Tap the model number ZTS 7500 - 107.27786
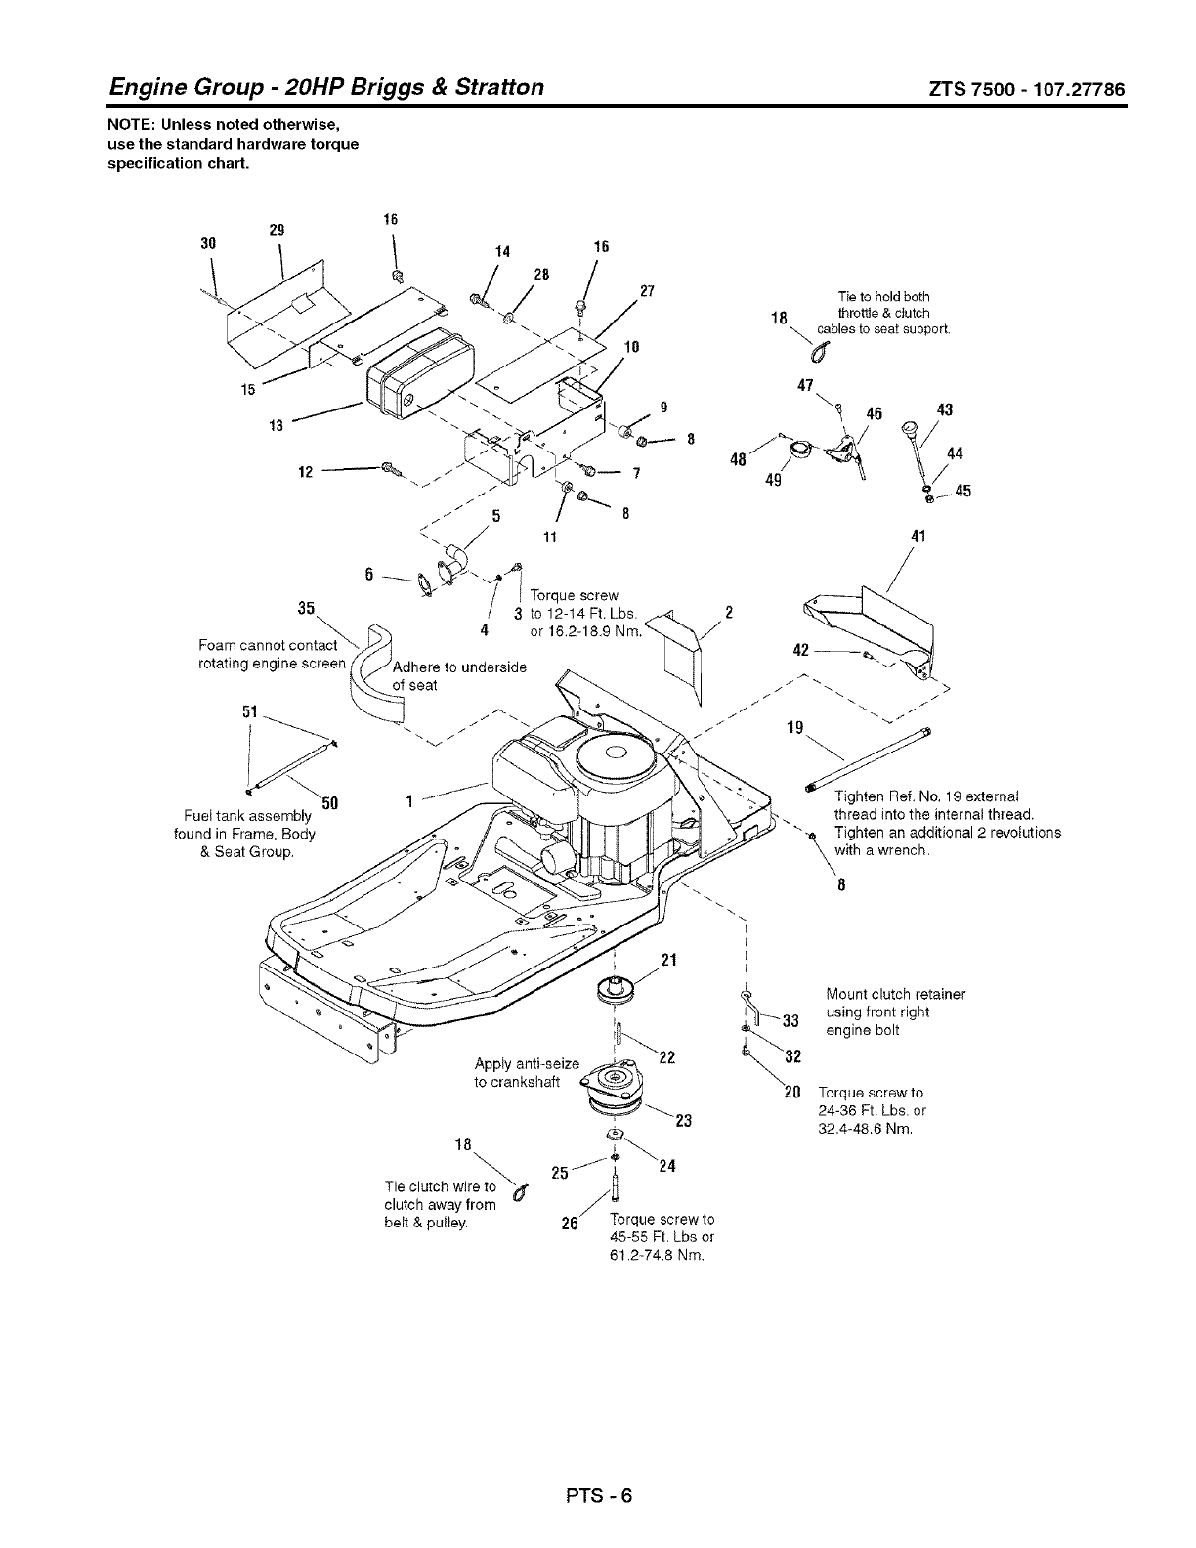click(x=1027, y=89)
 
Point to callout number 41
click(x=918, y=536)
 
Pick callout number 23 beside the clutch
click(x=683, y=1121)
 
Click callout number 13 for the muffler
click(x=276, y=425)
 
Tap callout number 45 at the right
click(x=962, y=492)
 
